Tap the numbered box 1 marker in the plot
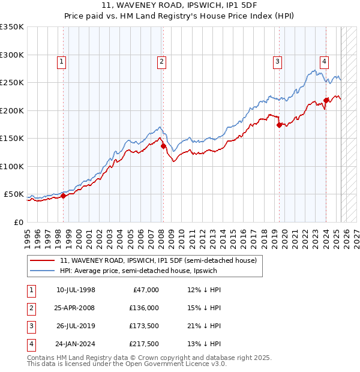(62, 61)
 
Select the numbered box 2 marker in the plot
(163, 61)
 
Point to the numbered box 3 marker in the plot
(278, 61)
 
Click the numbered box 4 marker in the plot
(324, 61)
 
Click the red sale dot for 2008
(163, 146)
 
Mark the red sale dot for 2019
(279, 125)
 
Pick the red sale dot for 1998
(63, 196)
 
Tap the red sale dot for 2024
(325, 100)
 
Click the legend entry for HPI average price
(138, 271)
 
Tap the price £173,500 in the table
(143, 328)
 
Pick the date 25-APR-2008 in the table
(75, 308)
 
